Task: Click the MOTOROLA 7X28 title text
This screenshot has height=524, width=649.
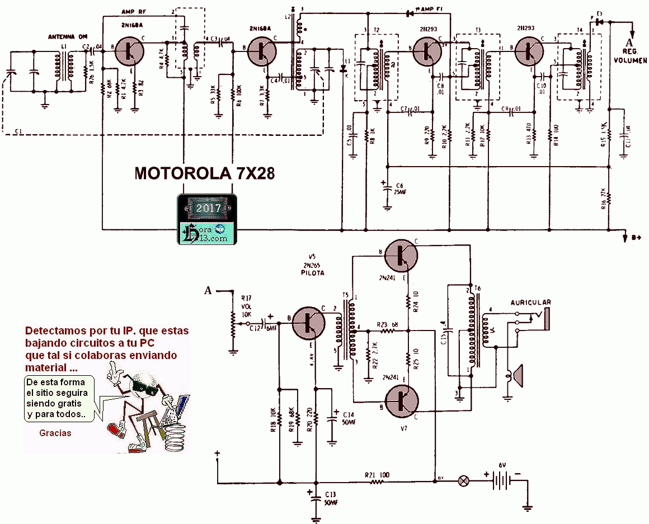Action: coord(204,173)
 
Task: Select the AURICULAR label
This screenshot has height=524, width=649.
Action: coord(531,302)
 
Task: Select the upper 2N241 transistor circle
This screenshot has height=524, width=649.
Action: coord(402,254)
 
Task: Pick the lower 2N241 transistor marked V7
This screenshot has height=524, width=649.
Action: coord(402,402)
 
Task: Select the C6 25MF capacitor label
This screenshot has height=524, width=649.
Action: coord(399,188)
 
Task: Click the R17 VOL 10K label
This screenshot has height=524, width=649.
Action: coord(247,307)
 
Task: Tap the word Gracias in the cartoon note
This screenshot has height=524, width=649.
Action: coord(55,432)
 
